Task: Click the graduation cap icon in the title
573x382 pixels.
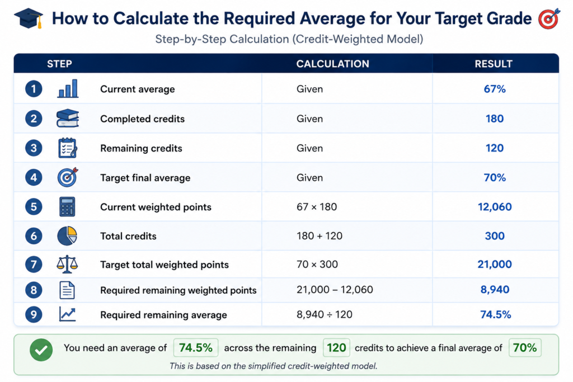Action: [x=29, y=18]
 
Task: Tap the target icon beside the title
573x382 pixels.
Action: [x=549, y=18]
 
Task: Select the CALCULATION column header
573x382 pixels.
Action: [x=332, y=64]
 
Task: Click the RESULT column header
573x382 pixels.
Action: [x=494, y=64]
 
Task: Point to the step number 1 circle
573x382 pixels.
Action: [x=34, y=89]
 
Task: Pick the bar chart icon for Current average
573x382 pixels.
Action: [x=68, y=89]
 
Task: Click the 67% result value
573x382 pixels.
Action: [x=495, y=89]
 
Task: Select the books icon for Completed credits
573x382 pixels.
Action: [x=68, y=119]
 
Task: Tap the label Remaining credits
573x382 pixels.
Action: [x=141, y=148]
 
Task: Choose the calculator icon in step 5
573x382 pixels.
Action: [x=67, y=207]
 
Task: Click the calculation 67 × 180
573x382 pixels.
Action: [x=317, y=207]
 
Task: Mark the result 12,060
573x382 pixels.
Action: [x=495, y=207]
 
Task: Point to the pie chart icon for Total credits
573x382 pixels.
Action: [x=67, y=236]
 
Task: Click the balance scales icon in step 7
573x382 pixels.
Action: [x=67, y=264]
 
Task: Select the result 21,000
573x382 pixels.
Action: [x=495, y=265]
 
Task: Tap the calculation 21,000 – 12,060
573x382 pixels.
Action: [x=335, y=290]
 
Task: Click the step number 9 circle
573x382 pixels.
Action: [x=34, y=314]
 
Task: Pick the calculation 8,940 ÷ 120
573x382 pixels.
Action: [x=325, y=314]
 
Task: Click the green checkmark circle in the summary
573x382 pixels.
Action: [x=41, y=350]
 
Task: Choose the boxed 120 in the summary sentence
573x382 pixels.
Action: [x=336, y=348]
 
